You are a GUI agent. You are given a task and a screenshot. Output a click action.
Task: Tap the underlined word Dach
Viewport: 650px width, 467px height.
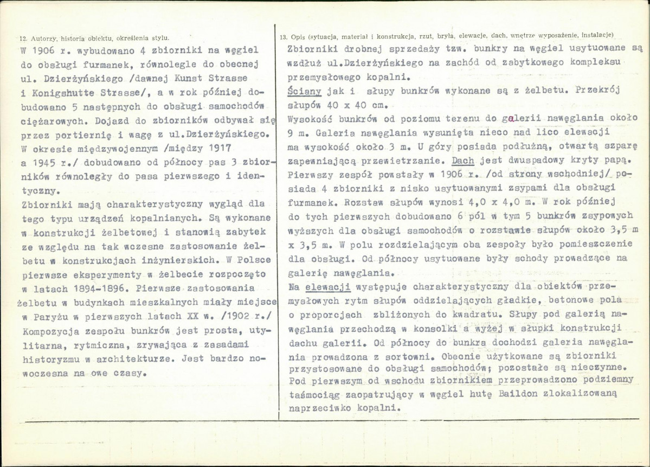pyautogui.click(x=462, y=161)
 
